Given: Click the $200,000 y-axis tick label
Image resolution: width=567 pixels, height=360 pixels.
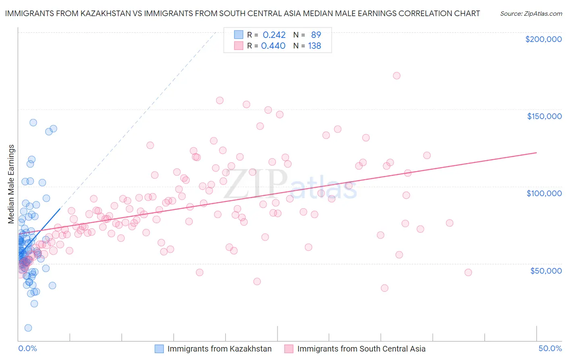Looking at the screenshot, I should pyautogui.click(x=543, y=39).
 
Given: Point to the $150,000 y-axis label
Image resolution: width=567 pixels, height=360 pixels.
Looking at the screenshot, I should pyautogui.click(x=544, y=116).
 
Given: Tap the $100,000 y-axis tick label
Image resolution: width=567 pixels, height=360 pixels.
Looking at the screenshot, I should pyautogui.click(x=544, y=193).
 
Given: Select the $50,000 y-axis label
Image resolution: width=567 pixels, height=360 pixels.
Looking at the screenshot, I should pyautogui.click(x=546, y=271).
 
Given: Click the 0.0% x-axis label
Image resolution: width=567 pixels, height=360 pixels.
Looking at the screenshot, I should pyautogui.click(x=27, y=348).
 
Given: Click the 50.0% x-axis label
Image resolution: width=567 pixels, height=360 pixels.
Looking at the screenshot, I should pyautogui.click(x=550, y=348).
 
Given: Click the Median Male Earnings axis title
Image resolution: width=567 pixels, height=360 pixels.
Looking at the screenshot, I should pyautogui.click(x=11, y=184).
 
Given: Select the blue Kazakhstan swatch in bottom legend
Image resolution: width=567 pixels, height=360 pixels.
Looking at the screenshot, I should pyautogui.click(x=159, y=349).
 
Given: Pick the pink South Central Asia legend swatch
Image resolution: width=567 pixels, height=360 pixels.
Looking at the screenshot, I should pyautogui.click(x=289, y=349).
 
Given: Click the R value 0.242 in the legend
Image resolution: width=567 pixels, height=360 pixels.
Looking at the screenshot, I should pyautogui.click(x=274, y=35).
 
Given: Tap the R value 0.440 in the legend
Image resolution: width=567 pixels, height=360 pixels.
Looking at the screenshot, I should pyautogui.click(x=273, y=46).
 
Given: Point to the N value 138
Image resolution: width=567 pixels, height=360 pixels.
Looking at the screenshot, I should pyautogui.click(x=315, y=46).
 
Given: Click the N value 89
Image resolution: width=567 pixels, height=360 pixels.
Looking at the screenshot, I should pyautogui.click(x=316, y=35).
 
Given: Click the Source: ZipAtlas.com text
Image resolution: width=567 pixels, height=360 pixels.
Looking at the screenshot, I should pyautogui.click(x=531, y=13).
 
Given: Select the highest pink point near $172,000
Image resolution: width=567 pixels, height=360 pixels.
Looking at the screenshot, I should pyautogui.click(x=396, y=75).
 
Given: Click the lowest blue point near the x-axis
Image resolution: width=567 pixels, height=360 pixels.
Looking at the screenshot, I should pyautogui.click(x=28, y=328).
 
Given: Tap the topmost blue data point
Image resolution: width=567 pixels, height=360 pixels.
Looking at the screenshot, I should pyautogui.click(x=33, y=122).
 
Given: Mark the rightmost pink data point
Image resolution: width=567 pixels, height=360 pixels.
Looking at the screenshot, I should pyautogui.click(x=468, y=272).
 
